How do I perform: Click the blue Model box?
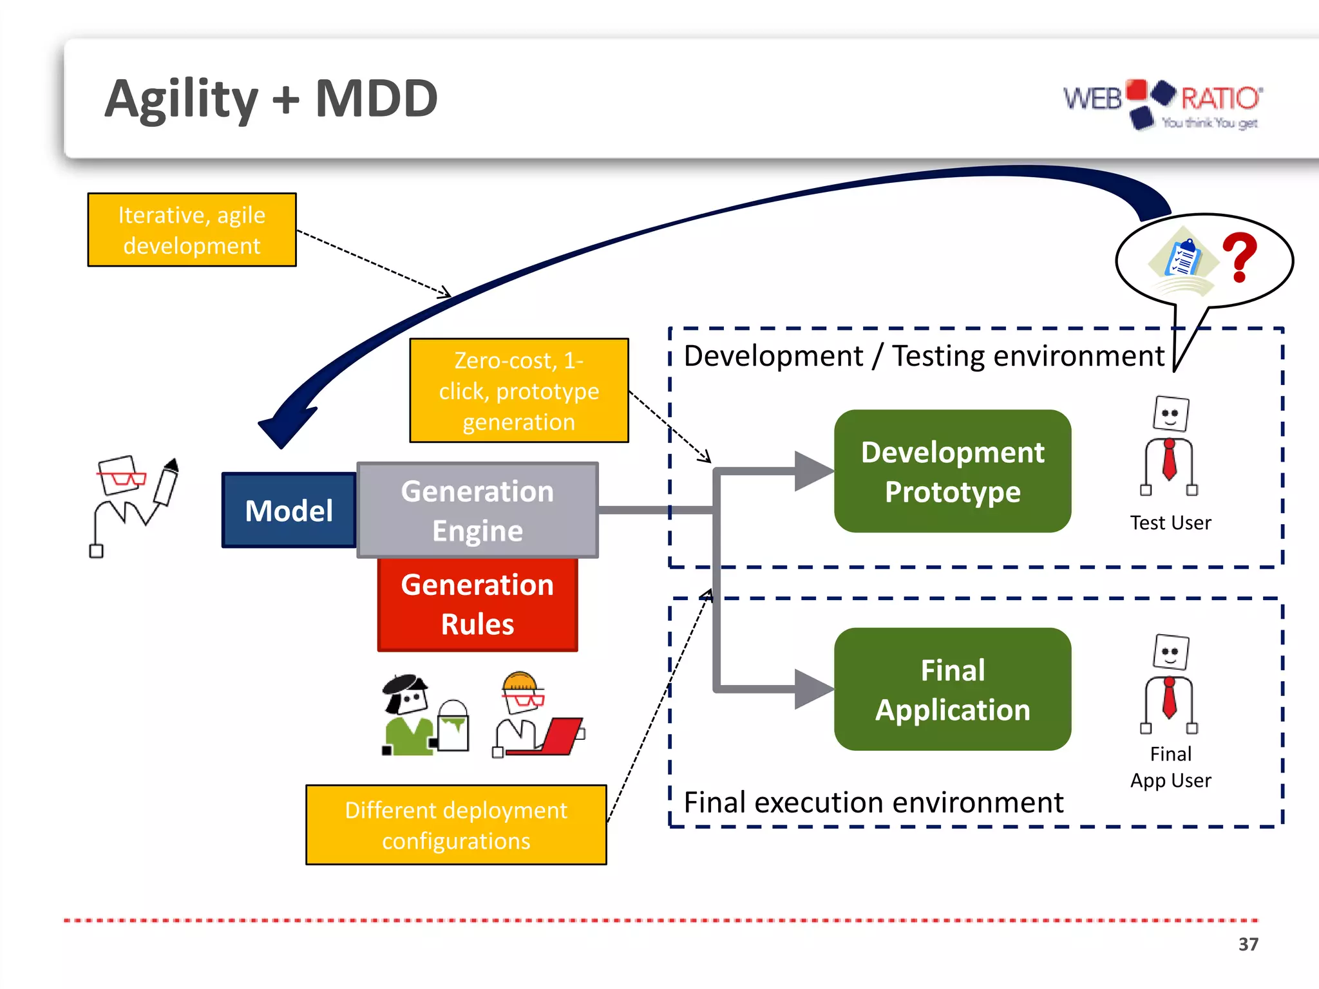tap(289, 510)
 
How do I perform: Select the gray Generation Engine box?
tap(477, 510)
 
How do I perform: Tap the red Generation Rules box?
tap(477, 604)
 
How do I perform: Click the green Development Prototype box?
tap(952, 471)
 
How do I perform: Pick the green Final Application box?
tap(952, 689)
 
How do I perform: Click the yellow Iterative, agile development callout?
tap(191, 230)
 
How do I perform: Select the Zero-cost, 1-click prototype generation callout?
tap(518, 390)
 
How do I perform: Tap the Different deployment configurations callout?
tap(455, 825)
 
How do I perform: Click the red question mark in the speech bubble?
tap(1240, 258)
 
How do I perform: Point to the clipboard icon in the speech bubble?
tap(1184, 259)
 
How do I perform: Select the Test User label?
tap(1170, 522)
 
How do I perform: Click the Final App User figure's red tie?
tap(1170, 699)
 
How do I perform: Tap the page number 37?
tap(1248, 944)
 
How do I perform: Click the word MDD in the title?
tap(376, 99)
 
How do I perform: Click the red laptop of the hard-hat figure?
tap(562, 735)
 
